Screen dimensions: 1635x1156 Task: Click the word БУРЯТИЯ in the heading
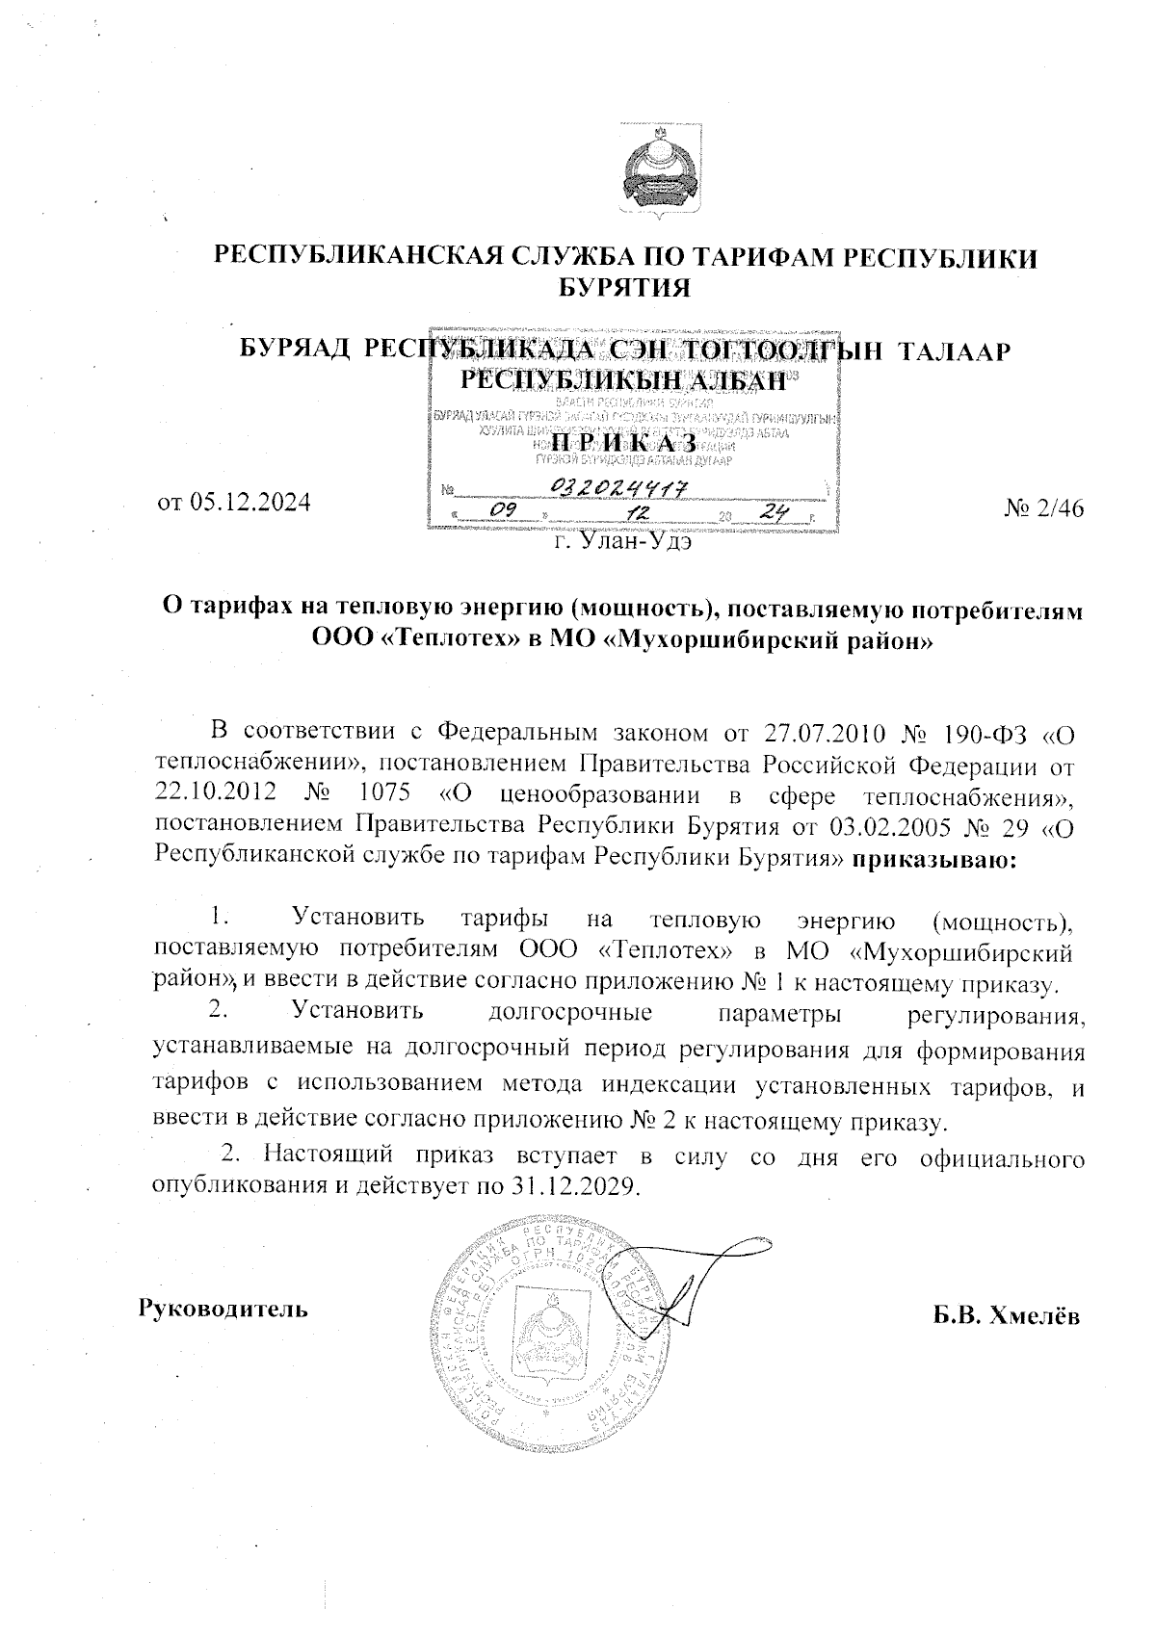626,287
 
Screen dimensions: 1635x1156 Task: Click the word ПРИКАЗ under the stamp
626,442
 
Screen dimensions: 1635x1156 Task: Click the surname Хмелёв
1038,1316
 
